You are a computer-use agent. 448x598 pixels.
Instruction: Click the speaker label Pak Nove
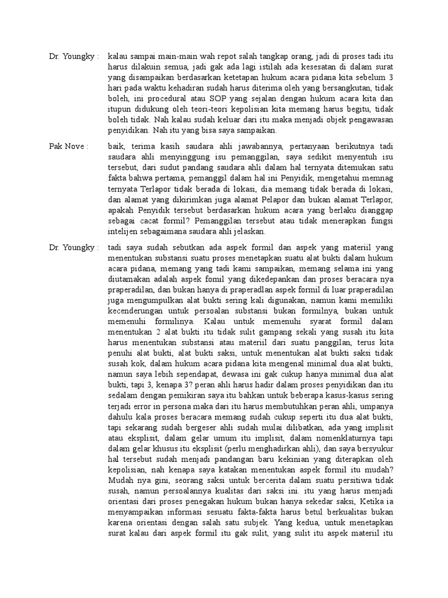(x=68, y=146)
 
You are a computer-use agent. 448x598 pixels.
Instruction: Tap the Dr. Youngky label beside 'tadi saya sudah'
(x=74, y=248)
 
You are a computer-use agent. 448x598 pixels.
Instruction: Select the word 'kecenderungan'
(x=139, y=311)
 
